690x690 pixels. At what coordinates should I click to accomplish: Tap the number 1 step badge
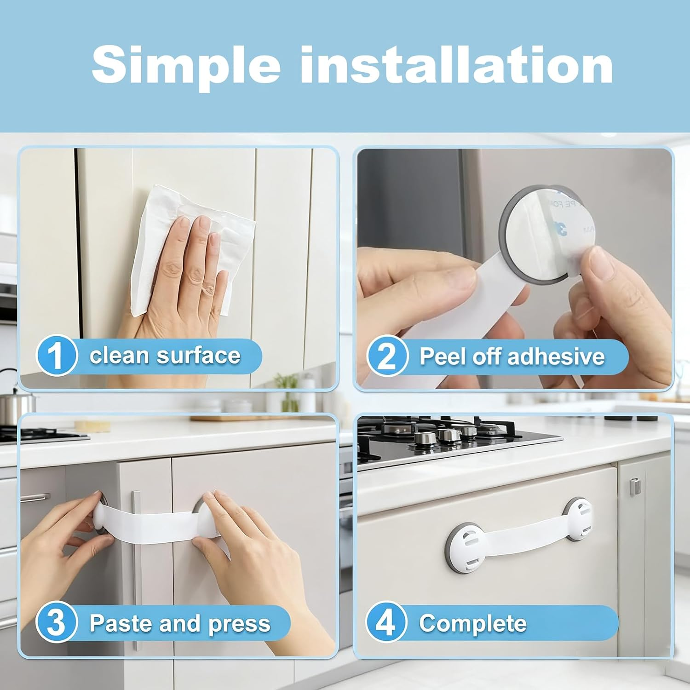(56, 356)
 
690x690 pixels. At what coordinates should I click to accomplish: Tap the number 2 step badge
(386, 356)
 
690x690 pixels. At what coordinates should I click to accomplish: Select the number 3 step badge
(56, 623)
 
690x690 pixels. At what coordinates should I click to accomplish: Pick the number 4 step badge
(386, 623)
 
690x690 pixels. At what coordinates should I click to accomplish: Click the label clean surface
(165, 356)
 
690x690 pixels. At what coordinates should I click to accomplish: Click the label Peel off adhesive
(512, 356)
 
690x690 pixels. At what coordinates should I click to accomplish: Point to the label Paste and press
(179, 623)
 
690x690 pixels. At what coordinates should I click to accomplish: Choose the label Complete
(472, 624)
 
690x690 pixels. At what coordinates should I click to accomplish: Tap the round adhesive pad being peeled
(538, 221)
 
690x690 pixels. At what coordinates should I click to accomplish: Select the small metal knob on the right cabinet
(634, 487)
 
